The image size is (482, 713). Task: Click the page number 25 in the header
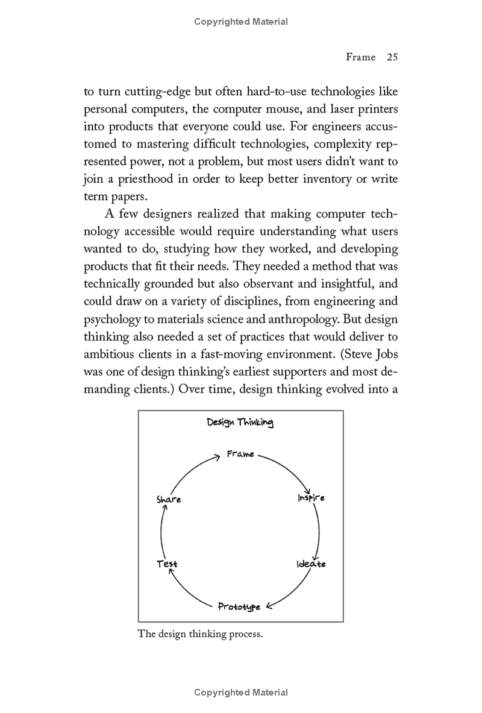click(x=392, y=57)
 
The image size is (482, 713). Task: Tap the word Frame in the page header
click(x=360, y=57)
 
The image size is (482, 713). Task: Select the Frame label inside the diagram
click(x=240, y=454)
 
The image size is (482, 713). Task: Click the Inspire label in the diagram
click(x=311, y=498)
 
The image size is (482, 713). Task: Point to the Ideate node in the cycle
click(x=311, y=564)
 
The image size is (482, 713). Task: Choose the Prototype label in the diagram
click(x=239, y=606)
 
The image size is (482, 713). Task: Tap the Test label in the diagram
click(x=167, y=564)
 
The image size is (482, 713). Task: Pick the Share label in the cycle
click(x=169, y=499)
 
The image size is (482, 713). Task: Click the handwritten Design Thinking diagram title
click(x=240, y=422)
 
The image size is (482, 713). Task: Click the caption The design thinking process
click(x=201, y=634)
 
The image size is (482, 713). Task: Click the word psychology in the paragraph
click(x=111, y=319)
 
